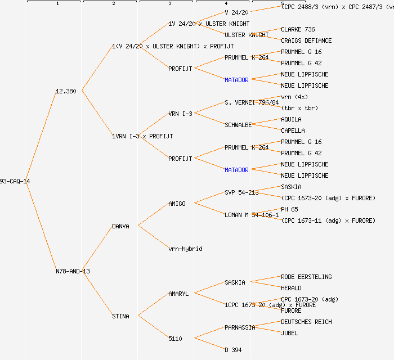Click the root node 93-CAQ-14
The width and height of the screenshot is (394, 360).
tap(15, 181)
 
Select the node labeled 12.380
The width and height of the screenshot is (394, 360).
tap(66, 91)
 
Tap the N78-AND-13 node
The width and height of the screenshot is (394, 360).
tap(73, 271)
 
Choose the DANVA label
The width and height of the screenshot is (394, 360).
tap(120, 226)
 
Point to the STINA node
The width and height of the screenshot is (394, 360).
tap(120, 316)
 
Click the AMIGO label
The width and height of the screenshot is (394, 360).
tap(177, 204)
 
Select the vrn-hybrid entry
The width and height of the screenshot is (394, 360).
tap(185, 249)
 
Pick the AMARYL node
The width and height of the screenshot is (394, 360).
tap(178, 294)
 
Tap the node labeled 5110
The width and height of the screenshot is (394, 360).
tap(175, 339)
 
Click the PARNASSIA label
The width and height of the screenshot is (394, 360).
tap(240, 327)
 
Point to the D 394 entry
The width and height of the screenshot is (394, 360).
tap(233, 350)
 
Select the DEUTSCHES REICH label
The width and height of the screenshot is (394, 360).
tap(306, 322)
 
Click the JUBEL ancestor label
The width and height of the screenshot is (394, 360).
tap(289, 333)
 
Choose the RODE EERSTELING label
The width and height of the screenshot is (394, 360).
tap(306, 277)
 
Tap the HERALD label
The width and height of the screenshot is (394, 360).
tap(291, 288)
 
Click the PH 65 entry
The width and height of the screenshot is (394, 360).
tap(289, 209)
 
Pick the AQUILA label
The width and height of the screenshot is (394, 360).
tap(291, 119)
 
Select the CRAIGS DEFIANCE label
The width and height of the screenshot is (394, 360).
tap(306, 40)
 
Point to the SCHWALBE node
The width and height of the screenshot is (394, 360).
tap(238, 125)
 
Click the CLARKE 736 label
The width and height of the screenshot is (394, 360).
tap(298, 29)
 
